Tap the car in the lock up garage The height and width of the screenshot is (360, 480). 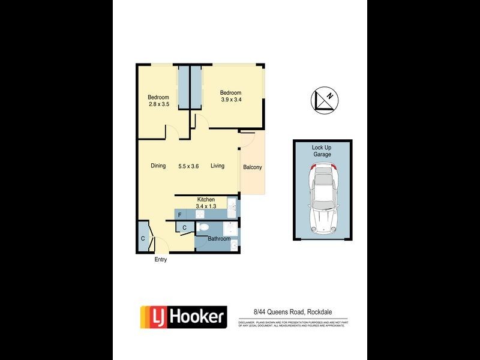(x=322, y=201)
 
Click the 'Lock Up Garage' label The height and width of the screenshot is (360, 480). (x=322, y=151)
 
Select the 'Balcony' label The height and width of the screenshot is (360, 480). (x=252, y=167)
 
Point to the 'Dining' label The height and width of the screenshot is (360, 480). (x=158, y=166)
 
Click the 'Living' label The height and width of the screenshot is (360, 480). (x=217, y=166)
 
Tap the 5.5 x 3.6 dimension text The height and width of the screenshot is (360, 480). (x=188, y=166)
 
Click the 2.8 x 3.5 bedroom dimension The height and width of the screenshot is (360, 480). (x=159, y=104)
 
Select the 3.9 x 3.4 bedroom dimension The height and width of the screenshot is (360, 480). (x=230, y=100)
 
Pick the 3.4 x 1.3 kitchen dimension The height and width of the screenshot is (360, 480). (x=206, y=206)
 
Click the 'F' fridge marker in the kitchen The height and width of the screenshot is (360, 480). (x=179, y=214)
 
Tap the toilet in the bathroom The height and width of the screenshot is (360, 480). (x=203, y=227)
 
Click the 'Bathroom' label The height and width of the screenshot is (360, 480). (x=219, y=239)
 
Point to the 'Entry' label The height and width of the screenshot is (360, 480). (x=161, y=260)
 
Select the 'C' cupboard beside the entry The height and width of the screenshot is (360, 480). (x=143, y=238)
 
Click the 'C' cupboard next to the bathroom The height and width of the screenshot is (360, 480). (x=184, y=227)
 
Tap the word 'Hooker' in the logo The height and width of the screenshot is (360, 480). (x=196, y=316)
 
